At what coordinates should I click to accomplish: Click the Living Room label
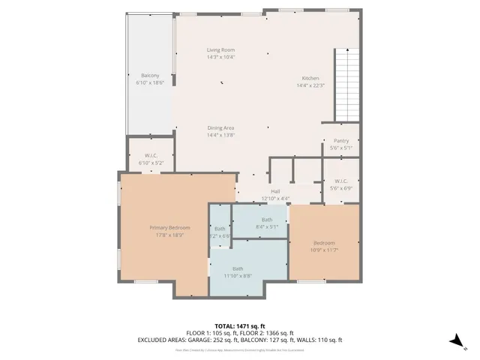click(x=221, y=50)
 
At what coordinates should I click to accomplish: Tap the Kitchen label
click(x=310, y=79)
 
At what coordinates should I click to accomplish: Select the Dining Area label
click(x=221, y=128)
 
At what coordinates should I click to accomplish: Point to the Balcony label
click(x=150, y=76)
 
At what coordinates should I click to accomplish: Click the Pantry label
click(x=340, y=141)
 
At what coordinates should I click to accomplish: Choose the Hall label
click(x=275, y=192)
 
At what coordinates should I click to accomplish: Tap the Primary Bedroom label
click(x=169, y=228)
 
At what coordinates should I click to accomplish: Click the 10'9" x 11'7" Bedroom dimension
click(x=324, y=250)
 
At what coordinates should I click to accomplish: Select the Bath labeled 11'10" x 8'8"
click(x=238, y=268)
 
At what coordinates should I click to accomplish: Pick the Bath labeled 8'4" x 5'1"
click(x=267, y=220)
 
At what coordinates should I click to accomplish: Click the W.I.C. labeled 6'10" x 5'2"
click(x=150, y=156)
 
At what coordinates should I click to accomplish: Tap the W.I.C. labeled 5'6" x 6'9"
click(x=340, y=181)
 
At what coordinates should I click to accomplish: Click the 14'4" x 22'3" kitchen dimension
click(x=310, y=85)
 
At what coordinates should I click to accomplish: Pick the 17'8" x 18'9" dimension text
click(x=169, y=235)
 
